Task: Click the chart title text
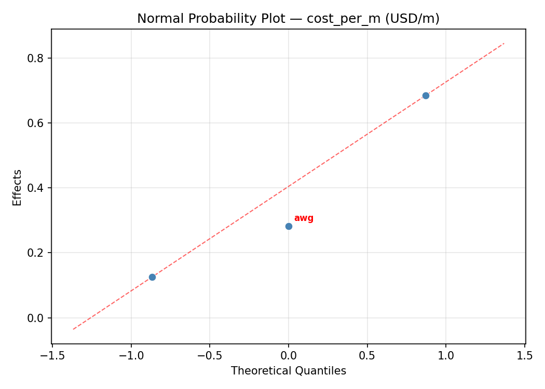(288, 19)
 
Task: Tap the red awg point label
(304, 218)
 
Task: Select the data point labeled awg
(289, 226)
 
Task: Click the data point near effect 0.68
(426, 95)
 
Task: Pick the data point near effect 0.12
(152, 277)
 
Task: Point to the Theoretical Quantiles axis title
(288, 371)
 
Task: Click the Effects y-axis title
(18, 187)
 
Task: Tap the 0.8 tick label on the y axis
(36, 58)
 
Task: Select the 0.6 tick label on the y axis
(36, 123)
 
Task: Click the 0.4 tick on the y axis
(36, 188)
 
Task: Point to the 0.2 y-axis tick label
(36, 253)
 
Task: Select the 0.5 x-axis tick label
(367, 356)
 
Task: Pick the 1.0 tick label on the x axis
(446, 356)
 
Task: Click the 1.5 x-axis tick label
(525, 356)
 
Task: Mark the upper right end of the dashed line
(504, 43)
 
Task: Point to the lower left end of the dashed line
(73, 329)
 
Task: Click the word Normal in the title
(155, 19)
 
